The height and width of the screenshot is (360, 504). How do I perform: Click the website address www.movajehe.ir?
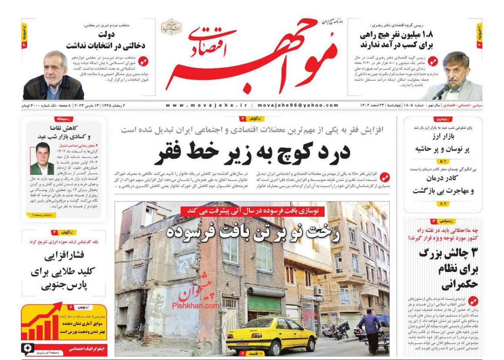coord(206,105)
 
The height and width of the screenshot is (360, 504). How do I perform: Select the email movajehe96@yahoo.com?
coord(298,105)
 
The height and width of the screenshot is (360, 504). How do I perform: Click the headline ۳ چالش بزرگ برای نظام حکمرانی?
coord(448,268)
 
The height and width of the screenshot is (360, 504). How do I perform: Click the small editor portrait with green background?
coord(42,158)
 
